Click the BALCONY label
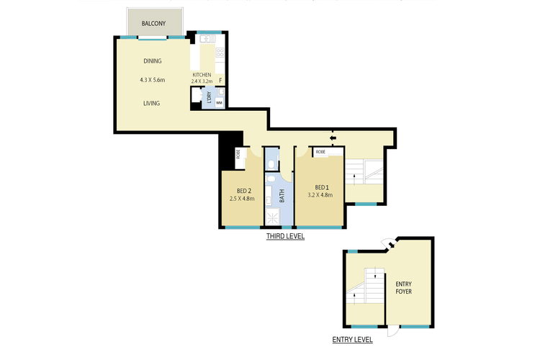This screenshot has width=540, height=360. pos(154,24)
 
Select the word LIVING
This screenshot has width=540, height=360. pos(151,103)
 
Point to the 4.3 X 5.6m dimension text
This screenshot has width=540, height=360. pos(153,80)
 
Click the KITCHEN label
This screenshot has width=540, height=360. pos(202,75)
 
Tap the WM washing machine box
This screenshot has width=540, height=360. pos(219,103)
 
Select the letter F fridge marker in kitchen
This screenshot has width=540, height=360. pos(220,81)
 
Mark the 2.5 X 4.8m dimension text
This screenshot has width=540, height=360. pos(242,197)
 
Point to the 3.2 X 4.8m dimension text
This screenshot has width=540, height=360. pos(320,195)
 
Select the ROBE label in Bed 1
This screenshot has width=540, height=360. pos(320,152)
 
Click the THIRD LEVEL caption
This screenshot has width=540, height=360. pos(285,236)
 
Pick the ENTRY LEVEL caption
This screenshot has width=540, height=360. pos(353,340)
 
